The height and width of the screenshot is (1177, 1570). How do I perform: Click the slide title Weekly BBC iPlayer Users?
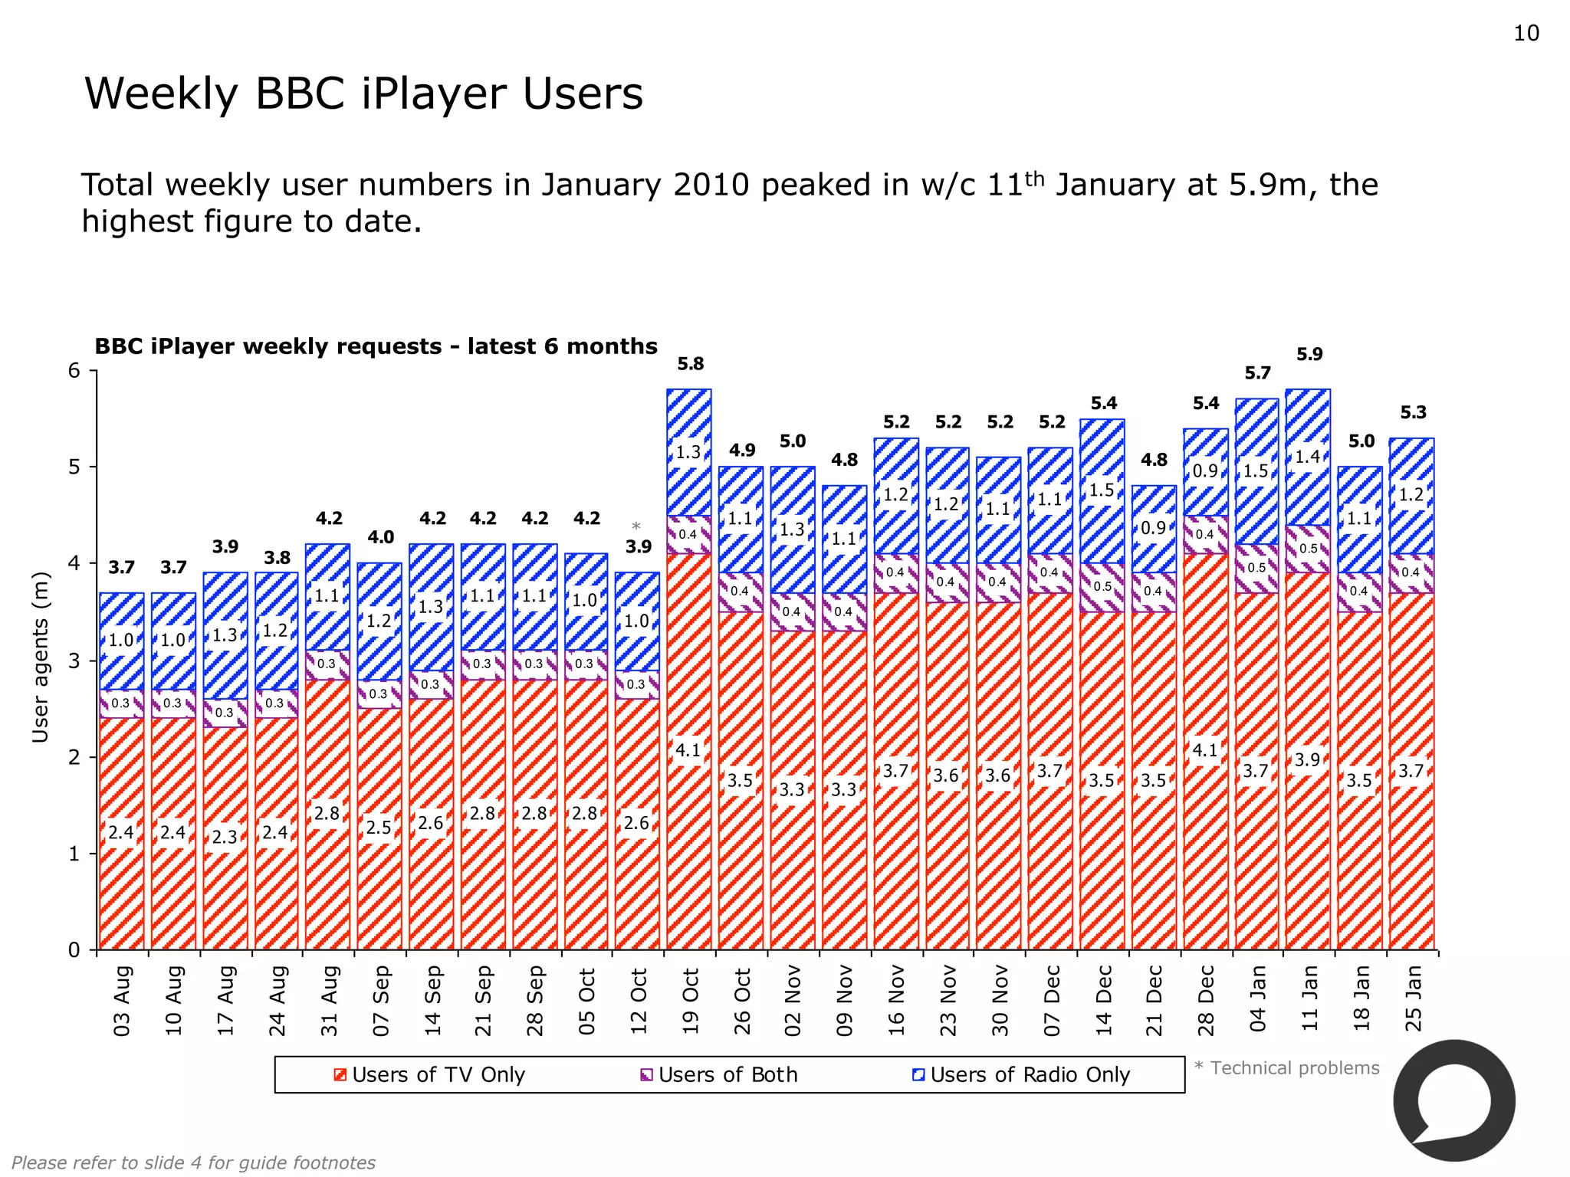click(x=363, y=94)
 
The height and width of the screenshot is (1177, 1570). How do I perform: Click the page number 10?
click(x=1526, y=34)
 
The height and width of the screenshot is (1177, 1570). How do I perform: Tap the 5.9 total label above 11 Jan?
click(x=1309, y=354)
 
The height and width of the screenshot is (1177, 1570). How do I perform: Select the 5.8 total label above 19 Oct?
click(x=690, y=364)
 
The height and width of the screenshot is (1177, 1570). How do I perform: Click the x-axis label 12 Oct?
click(x=639, y=1001)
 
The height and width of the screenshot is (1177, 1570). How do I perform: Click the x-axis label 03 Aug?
click(x=122, y=1001)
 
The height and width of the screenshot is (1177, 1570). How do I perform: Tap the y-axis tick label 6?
click(x=74, y=371)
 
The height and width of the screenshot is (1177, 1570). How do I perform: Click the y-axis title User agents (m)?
click(x=40, y=657)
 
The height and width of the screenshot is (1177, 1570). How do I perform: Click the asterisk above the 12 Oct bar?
click(x=636, y=527)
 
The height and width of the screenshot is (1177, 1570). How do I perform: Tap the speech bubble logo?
click(x=1453, y=1101)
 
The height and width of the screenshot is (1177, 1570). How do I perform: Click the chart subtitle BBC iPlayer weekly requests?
click(x=376, y=346)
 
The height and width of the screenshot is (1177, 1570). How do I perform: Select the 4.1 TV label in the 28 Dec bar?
click(x=1205, y=749)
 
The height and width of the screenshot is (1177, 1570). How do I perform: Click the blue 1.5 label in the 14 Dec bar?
click(x=1102, y=490)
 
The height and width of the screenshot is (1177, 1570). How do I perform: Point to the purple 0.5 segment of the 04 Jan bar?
click(x=1256, y=568)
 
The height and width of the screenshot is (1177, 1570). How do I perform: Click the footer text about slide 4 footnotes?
click(x=193, y=1162)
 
